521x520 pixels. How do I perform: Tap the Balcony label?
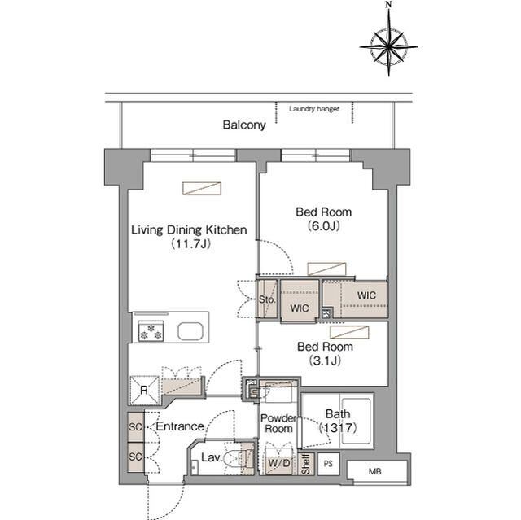pyautogui.click(x=244, y=125)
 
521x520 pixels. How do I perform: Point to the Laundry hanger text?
pyautogui.click(x=314, y=108)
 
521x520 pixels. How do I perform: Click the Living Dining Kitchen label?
pyautogui.click(x=189, y=229)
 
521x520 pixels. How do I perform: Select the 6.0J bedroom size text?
pyautogui.click(x=324, y=226)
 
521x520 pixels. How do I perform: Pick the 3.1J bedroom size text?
pyautogui.click(x=325, y=361)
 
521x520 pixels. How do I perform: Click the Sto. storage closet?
pyautogui.click(x=267, y=299)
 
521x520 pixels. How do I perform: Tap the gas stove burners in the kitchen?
pyautogui.click(x=151, y=331)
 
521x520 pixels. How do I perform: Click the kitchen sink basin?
pyautogui.click(x=190, y=331)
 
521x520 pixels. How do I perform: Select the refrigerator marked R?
pyautogui.click(x=144, y=390)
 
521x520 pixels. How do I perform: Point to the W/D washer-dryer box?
pyautogui.click(x=279, y=462)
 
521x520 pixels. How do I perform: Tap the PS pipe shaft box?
pyautogui.click(x=328, y=464)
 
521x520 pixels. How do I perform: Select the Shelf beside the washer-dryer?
pyautogui.click(x=306, y=464)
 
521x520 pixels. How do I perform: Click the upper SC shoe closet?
pyautogui.click(x=136, y=426)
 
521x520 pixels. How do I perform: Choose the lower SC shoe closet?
pyautogui.click(x=136, y=457)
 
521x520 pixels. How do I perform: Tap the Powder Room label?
pyautogui.click(x=278, y=423)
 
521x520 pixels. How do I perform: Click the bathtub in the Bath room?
pyautogui.click(x=356, y=421)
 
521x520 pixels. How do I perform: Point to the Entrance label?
pyautogui.click(x=180, y=426)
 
